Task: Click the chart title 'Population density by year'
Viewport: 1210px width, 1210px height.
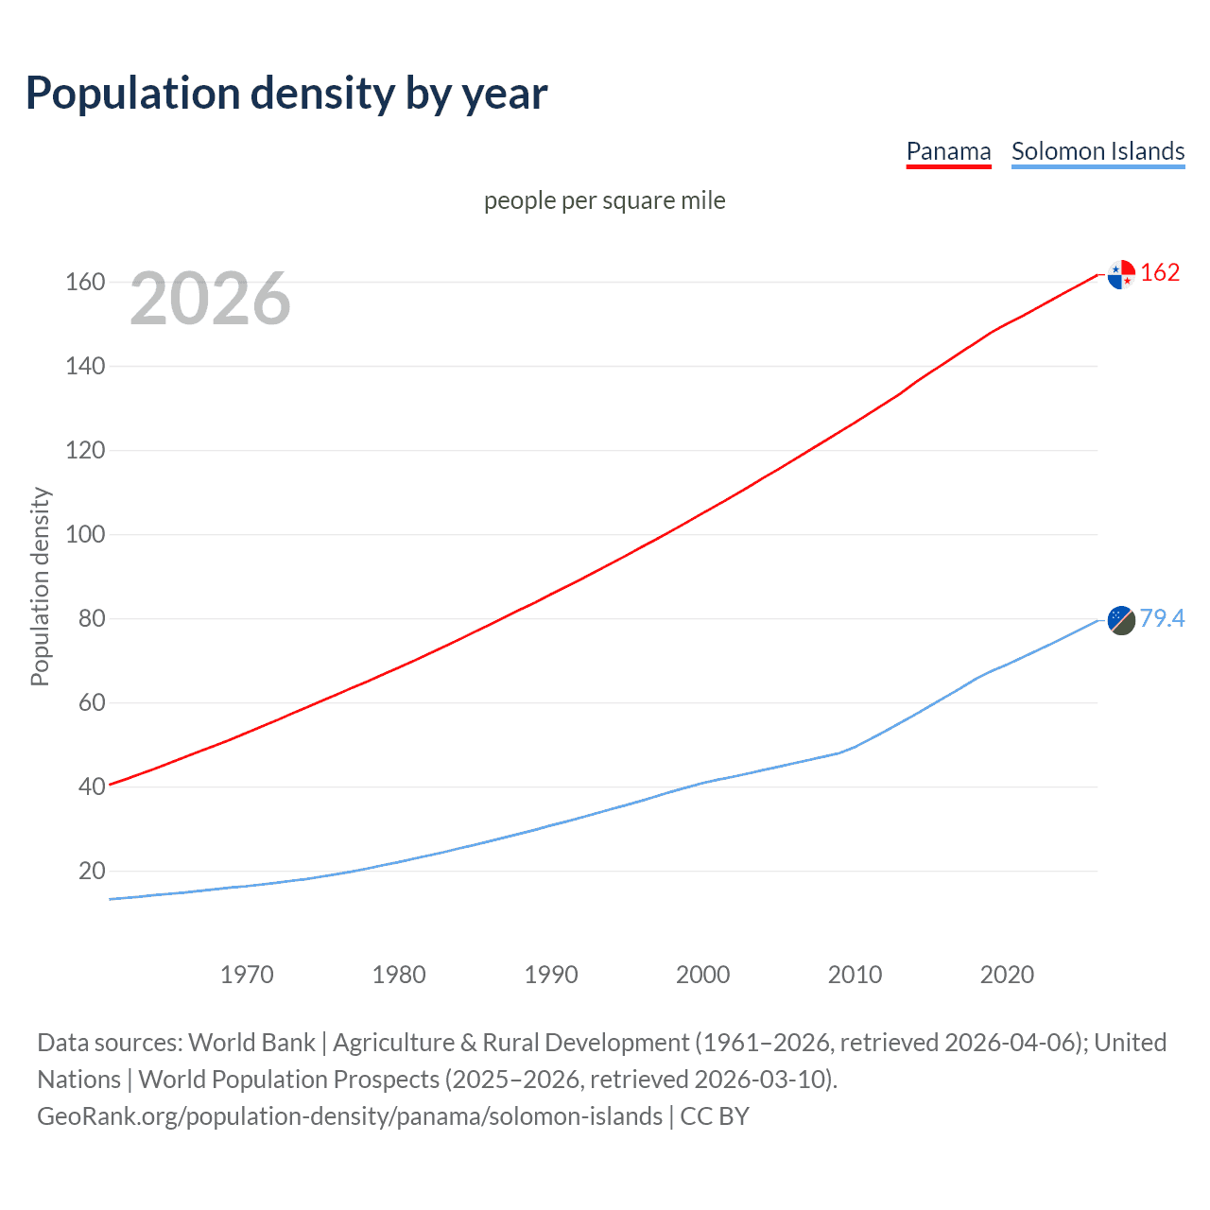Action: tap(286, 94)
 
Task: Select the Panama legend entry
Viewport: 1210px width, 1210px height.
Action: tap(948, 151)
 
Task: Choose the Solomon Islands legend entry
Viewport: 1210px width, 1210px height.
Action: tap(1098, 151)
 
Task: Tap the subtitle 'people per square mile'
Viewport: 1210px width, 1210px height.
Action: tap(604, 201)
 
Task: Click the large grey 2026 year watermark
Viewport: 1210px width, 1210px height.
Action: tap(210, 299)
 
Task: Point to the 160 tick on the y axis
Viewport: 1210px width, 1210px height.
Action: tap(85, 283)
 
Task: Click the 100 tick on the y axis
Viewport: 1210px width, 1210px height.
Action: tap(85, 535)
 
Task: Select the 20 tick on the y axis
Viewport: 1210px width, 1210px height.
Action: tap(92, 872)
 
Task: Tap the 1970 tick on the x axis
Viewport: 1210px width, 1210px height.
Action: tap(247, 975)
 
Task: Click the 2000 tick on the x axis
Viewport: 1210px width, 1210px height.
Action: tap(702, 975)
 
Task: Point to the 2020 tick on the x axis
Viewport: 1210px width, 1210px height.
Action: tap(1007, 975)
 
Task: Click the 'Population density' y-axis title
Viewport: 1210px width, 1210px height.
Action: tap(40, 586)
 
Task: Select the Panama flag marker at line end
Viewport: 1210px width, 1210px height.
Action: tap(1121, 274)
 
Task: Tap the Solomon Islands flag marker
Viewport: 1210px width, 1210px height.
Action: tap(1121, 620)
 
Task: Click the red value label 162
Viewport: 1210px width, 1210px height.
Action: tap(1160, 273)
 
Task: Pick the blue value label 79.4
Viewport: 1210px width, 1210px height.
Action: tap(1162, 618)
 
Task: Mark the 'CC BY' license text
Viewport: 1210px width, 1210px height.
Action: tap(715, 1116)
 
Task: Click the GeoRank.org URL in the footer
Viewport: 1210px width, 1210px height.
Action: tap(350, 1116)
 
